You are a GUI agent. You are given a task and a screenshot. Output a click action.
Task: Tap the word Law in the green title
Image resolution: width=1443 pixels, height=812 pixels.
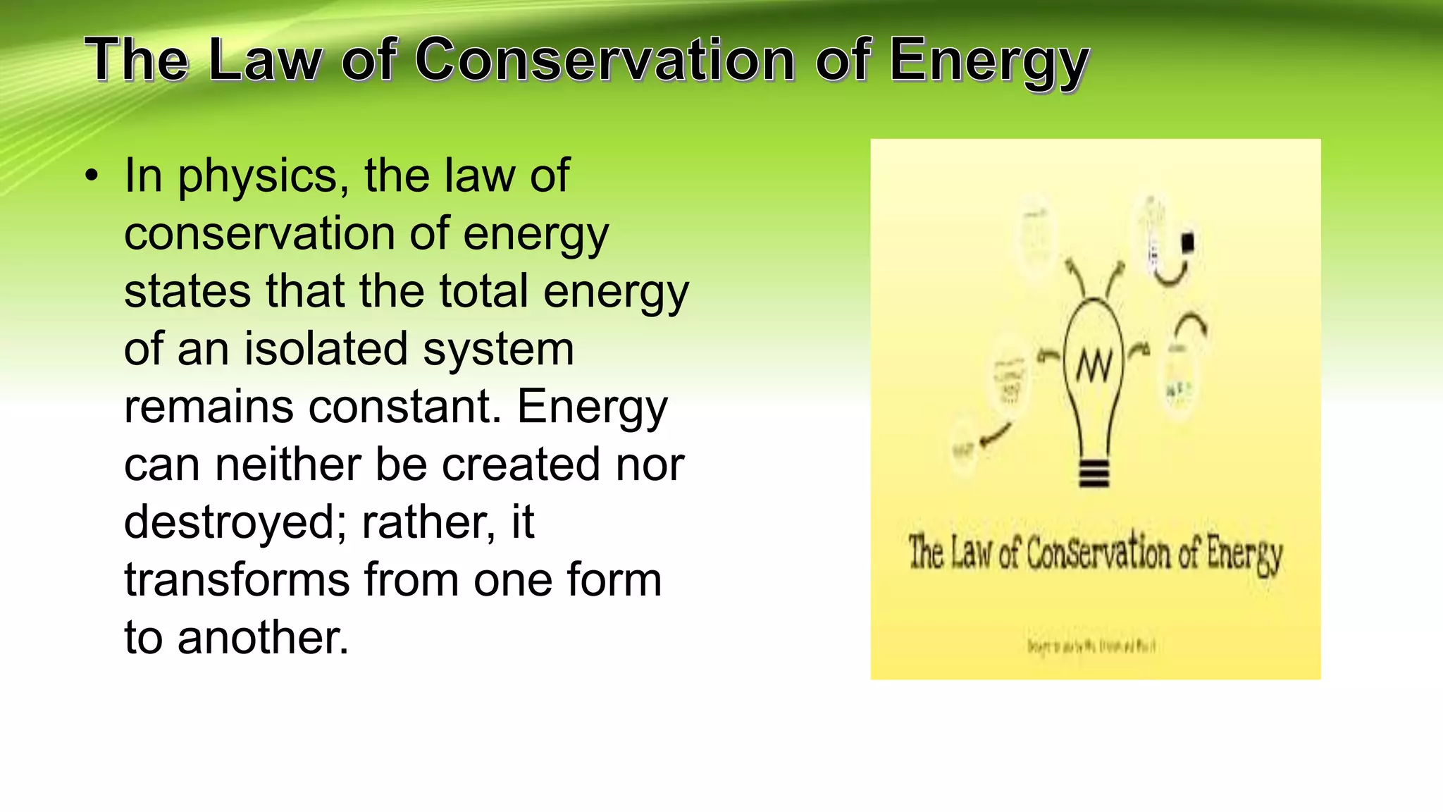[x=264, y=60]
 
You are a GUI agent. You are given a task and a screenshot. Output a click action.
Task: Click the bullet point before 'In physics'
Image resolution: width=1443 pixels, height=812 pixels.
[x=92, y=176]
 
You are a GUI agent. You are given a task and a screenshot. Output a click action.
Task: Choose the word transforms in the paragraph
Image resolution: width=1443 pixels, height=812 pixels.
[x=236, y=580]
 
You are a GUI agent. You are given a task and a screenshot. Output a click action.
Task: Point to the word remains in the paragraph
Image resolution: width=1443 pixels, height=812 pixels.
[x=209, y=407]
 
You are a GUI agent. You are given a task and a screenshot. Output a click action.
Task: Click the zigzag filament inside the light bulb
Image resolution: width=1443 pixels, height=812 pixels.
[x=1094, y=366]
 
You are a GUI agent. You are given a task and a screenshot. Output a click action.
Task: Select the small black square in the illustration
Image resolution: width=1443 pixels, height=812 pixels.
[x=1188, y=242]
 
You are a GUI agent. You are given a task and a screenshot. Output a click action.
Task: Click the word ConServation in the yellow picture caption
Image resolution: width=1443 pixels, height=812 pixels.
[x=1098, y=553]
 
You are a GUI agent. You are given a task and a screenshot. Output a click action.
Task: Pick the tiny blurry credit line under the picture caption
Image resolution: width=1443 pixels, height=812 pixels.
[x=1091, y=646]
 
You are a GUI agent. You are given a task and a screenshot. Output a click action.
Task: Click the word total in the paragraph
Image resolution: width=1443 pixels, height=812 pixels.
[x=483, y=291]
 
